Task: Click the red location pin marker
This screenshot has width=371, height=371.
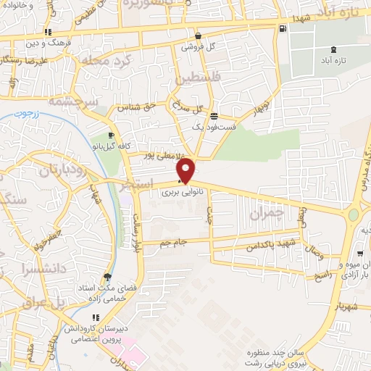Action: point(186,170)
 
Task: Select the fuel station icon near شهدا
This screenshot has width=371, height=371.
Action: point(283,28)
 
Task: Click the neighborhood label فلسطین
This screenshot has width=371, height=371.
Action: point(191,75)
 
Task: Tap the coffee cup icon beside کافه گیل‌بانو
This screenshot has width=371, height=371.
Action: point(111,135)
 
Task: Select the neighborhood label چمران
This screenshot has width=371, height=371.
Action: point(263,213)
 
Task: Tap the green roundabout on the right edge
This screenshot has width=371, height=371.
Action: point(354,214)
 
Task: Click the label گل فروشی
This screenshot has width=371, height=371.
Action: point(202,46)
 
